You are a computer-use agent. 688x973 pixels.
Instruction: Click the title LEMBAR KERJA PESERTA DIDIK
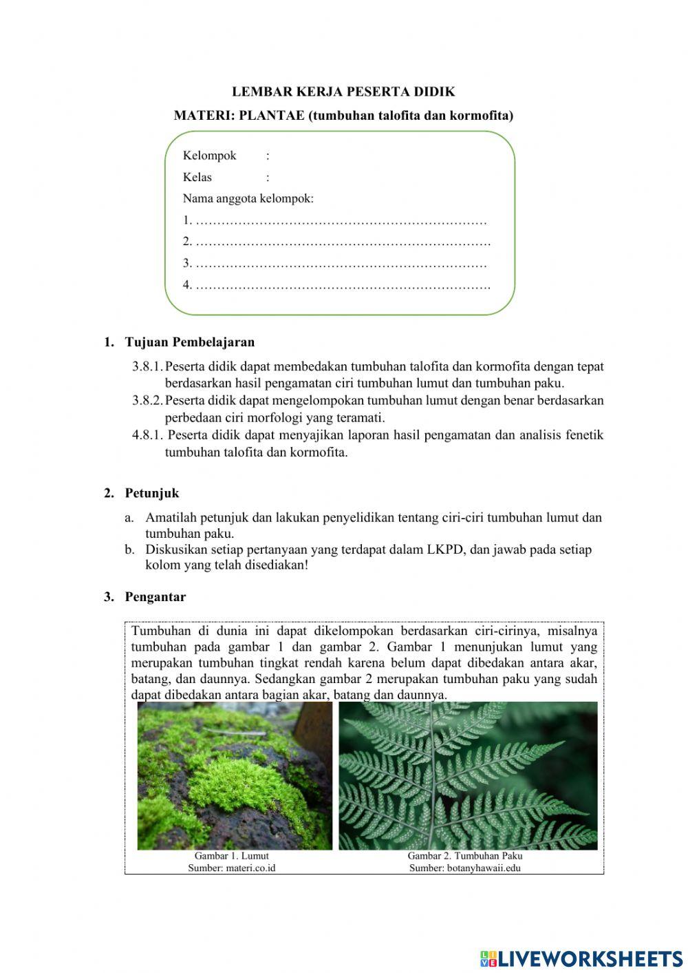[343, 92]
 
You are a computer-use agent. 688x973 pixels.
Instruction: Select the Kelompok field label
[209, 156]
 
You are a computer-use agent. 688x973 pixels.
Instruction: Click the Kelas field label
[197, 177]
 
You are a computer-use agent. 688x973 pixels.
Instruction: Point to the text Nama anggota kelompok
[248, 199]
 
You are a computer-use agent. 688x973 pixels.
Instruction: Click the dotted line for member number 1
[341, 221]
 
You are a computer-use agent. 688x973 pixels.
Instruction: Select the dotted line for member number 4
[343, 284]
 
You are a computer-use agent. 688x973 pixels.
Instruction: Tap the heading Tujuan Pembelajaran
[189, 342]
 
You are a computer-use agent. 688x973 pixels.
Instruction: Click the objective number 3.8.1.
[147, 366]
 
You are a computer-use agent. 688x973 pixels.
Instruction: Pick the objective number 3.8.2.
[147, 400]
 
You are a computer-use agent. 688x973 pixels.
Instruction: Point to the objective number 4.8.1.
[147, 435]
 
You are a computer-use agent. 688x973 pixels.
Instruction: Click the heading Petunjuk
[151, 493]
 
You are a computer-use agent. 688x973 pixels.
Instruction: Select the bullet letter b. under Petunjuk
[129, 550]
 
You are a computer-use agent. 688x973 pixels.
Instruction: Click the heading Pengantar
[155, 597]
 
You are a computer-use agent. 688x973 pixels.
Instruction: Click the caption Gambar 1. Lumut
[231, 856]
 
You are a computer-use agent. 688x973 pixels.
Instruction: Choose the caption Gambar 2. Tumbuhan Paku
[465, 856]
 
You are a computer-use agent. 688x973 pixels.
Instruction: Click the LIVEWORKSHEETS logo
[581, 959]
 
